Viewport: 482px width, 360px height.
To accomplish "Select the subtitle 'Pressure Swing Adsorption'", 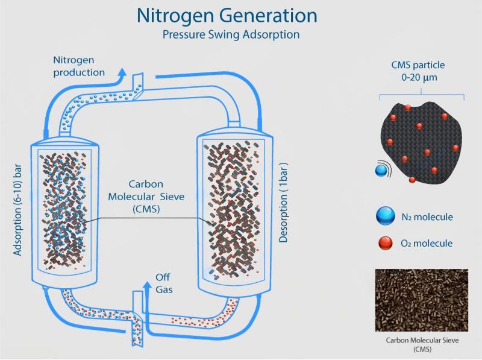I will pyautogui.click(x=231, y=34).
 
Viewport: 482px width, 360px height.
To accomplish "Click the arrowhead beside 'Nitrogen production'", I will pyautogui.click(x=122, y=73).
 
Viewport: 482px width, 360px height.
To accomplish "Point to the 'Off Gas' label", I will pyautogui.click(x=163, y=283).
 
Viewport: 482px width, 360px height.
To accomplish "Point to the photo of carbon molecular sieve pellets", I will pyautogui.click(x=421, y=299).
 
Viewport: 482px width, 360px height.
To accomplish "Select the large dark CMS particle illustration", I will pyautogui.click(x=422, y=142).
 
